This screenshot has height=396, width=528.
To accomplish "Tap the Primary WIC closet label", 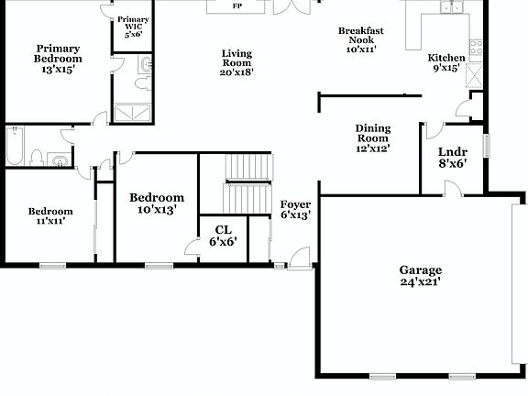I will [x=134, y=25].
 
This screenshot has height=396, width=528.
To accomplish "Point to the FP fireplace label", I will [x=236, y=6].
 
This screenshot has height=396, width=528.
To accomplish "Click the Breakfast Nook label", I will [x=360, y=40].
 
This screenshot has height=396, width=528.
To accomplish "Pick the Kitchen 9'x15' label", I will [x=446, y=63].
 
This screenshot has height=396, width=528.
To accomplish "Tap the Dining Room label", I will [x=373, y=138].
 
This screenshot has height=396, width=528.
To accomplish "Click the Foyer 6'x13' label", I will [x=295, y=209].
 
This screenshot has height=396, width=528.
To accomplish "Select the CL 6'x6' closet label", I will [x=224, y=236].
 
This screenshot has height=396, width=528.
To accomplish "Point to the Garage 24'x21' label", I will [x=420, y=276].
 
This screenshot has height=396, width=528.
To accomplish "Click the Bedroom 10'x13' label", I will [x=156, y=203].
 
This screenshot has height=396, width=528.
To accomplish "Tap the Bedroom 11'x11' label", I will [x=49, y=216].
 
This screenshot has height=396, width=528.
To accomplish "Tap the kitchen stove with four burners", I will [x=476, y=48].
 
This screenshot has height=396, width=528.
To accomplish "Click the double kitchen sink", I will [x=449, y=8].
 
